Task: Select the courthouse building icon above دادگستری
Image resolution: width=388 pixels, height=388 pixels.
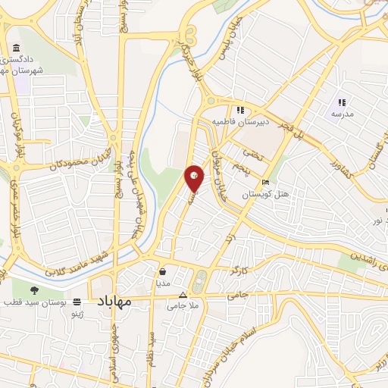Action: coord(17,50)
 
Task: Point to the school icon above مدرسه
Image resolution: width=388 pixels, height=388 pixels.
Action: coord(342,102)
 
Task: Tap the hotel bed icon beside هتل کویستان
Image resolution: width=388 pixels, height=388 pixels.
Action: coord(265,183)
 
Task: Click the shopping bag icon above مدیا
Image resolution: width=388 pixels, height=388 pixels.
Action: coord(162,271)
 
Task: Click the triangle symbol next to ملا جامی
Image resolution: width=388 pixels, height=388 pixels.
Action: coord(181,295)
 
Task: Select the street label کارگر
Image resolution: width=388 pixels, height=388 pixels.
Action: coord(237,271)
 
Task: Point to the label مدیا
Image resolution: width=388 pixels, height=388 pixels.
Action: coord(162,281)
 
